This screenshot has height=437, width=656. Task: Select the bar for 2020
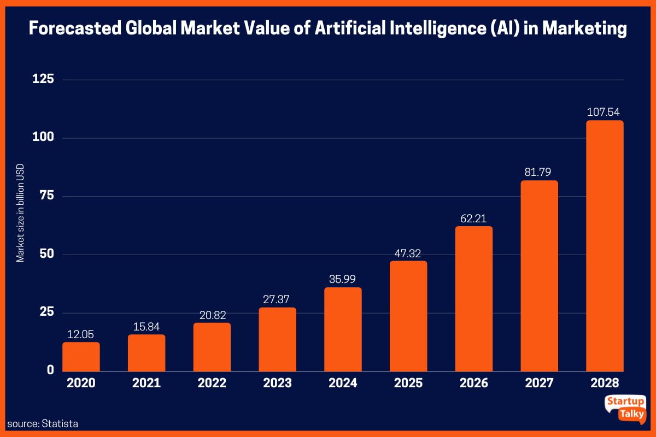pyautogui.click(x=81, y=357)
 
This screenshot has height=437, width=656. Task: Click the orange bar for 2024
pyautogui.click(x=343, y=329)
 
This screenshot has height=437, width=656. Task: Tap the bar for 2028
pyautogui.click(x=605, y=246)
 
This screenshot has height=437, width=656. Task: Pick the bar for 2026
pyautogui.click(x=473, y=299)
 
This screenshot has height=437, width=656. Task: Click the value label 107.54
pyautogui.click(x=605, y=113)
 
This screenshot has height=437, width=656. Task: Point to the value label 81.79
pyautogui.click(x=539, y=173)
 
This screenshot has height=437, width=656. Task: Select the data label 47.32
pyautogui.click(x=408, y=253)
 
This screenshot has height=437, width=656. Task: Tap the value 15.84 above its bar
pyautogui.click(x=147, y=327)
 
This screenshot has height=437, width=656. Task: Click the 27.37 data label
pyautogui.click(x=277, y=299)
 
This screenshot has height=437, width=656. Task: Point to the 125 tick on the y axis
pyautogui.click(x=43, y=80)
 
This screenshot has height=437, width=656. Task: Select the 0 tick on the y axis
pyautogui.click(x=50, y=370)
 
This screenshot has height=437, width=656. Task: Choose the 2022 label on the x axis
pyautogui.click(x=212, y=383)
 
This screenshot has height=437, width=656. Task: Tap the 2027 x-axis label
pyautogui.click(x=539, y=383)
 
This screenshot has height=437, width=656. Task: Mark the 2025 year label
pyautogui.click(x=408, y=383)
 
